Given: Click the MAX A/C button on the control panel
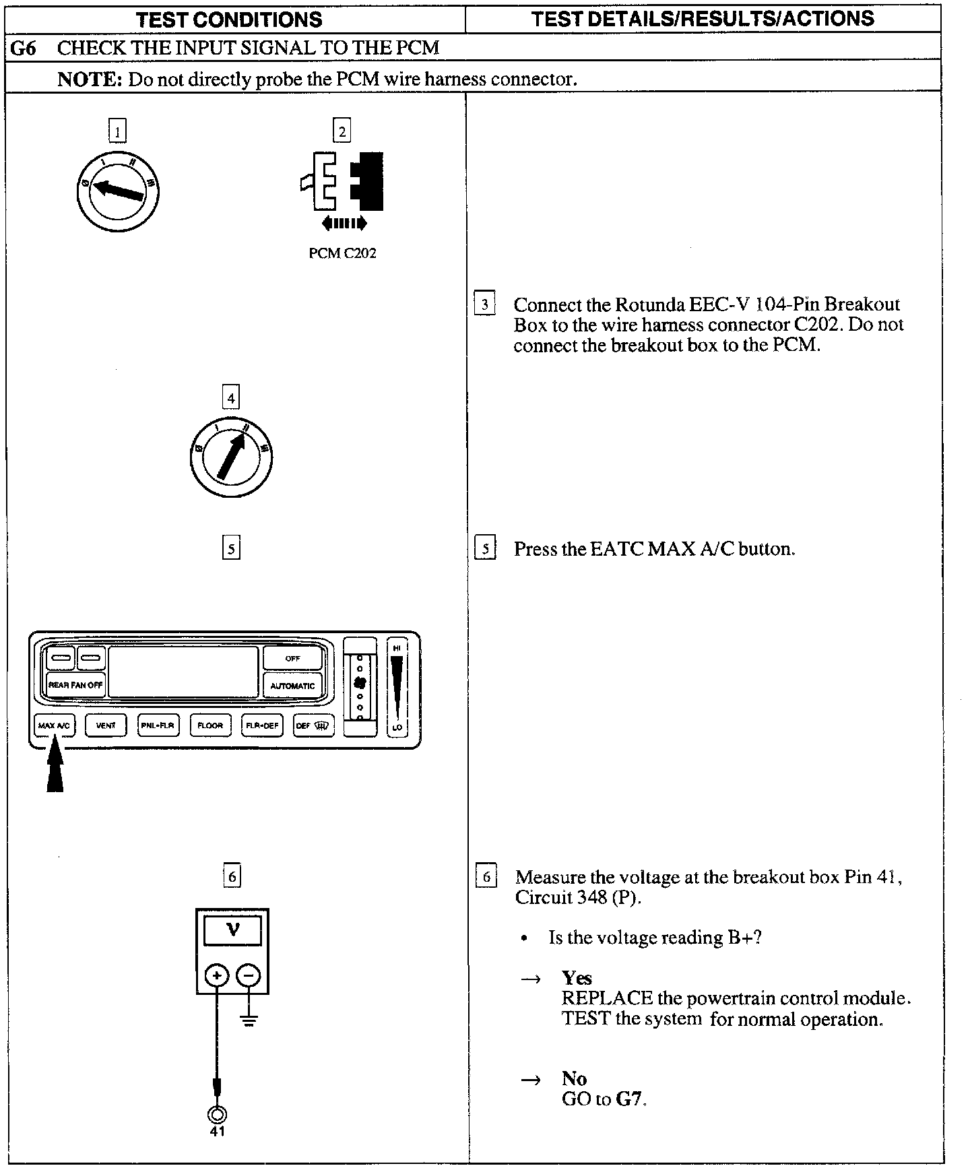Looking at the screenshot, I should point(54,725).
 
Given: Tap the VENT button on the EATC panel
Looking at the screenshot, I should point(106,725).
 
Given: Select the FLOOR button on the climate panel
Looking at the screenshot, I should point(210,725).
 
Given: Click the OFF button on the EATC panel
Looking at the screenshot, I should point(292,658).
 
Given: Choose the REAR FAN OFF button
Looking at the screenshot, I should point(75,685).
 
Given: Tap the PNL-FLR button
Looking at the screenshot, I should point(158,725).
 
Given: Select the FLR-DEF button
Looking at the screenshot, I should point(262,725).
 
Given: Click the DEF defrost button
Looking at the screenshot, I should point(313,725).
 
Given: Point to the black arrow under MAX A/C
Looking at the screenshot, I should point(55,768).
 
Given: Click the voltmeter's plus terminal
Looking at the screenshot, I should point(216,975).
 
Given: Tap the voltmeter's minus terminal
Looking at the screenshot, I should point(249,975).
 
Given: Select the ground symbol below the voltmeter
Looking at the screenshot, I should point(249,1022).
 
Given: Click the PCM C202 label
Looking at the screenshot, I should point(342,253).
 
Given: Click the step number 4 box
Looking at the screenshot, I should point(231,398).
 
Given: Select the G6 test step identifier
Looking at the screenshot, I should point(23,48).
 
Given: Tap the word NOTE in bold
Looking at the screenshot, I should point(89,79).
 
